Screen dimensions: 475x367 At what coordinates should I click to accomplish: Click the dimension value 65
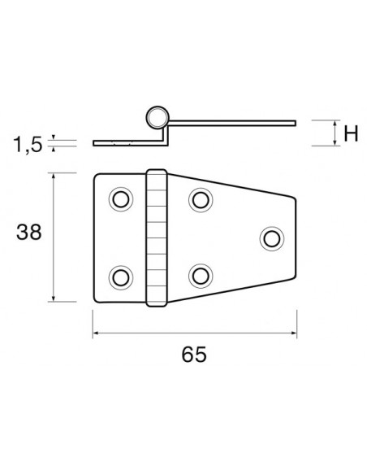click(x=192, y=355)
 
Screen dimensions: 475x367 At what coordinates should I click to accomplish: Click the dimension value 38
click(x=30, y=233)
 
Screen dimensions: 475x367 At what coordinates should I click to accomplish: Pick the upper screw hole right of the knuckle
click(x=199, y=198)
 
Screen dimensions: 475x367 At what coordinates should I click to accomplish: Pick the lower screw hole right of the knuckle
click(x=199, y=276)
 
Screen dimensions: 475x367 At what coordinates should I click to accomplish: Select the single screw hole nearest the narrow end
click(x=271, y=237)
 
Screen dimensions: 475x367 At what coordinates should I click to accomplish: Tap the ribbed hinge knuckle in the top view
click(x=156, y=237)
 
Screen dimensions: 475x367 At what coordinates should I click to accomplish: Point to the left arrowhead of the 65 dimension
click(x=96, y=333)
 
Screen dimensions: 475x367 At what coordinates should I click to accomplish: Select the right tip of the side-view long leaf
click(x=294, y=124)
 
